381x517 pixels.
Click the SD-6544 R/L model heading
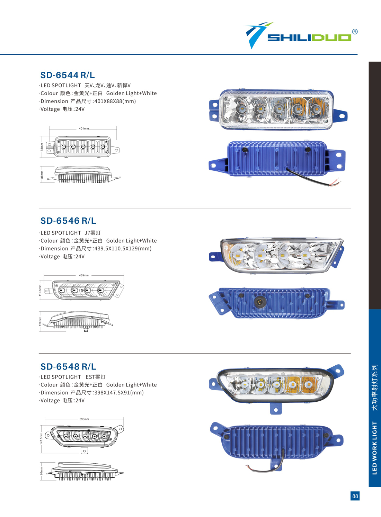click(68, 75)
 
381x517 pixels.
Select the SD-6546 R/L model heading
click(68, 221)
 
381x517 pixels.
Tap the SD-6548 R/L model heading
click(68, 366)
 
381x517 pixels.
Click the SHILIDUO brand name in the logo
click(309, 38)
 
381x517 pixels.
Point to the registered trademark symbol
click(355, 32)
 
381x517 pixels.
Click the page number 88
click(355, 496)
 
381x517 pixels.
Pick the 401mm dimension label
click(83, 128)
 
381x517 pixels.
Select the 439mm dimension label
click(84, 275)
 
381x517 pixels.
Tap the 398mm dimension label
click(84, 419)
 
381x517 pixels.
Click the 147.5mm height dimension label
click(41, 439)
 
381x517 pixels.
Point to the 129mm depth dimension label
click(41, 321)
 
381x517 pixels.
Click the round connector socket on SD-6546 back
click(260, 301)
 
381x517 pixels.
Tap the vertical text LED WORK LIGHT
click(374, 448)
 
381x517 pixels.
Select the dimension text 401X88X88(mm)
click(115, 101)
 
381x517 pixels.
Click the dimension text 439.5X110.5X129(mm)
click(123, 249)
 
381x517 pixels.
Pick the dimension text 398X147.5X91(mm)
click(119, 393)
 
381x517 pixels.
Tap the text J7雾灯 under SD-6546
click(92, 233)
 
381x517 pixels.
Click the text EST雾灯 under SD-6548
click(95, 377)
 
